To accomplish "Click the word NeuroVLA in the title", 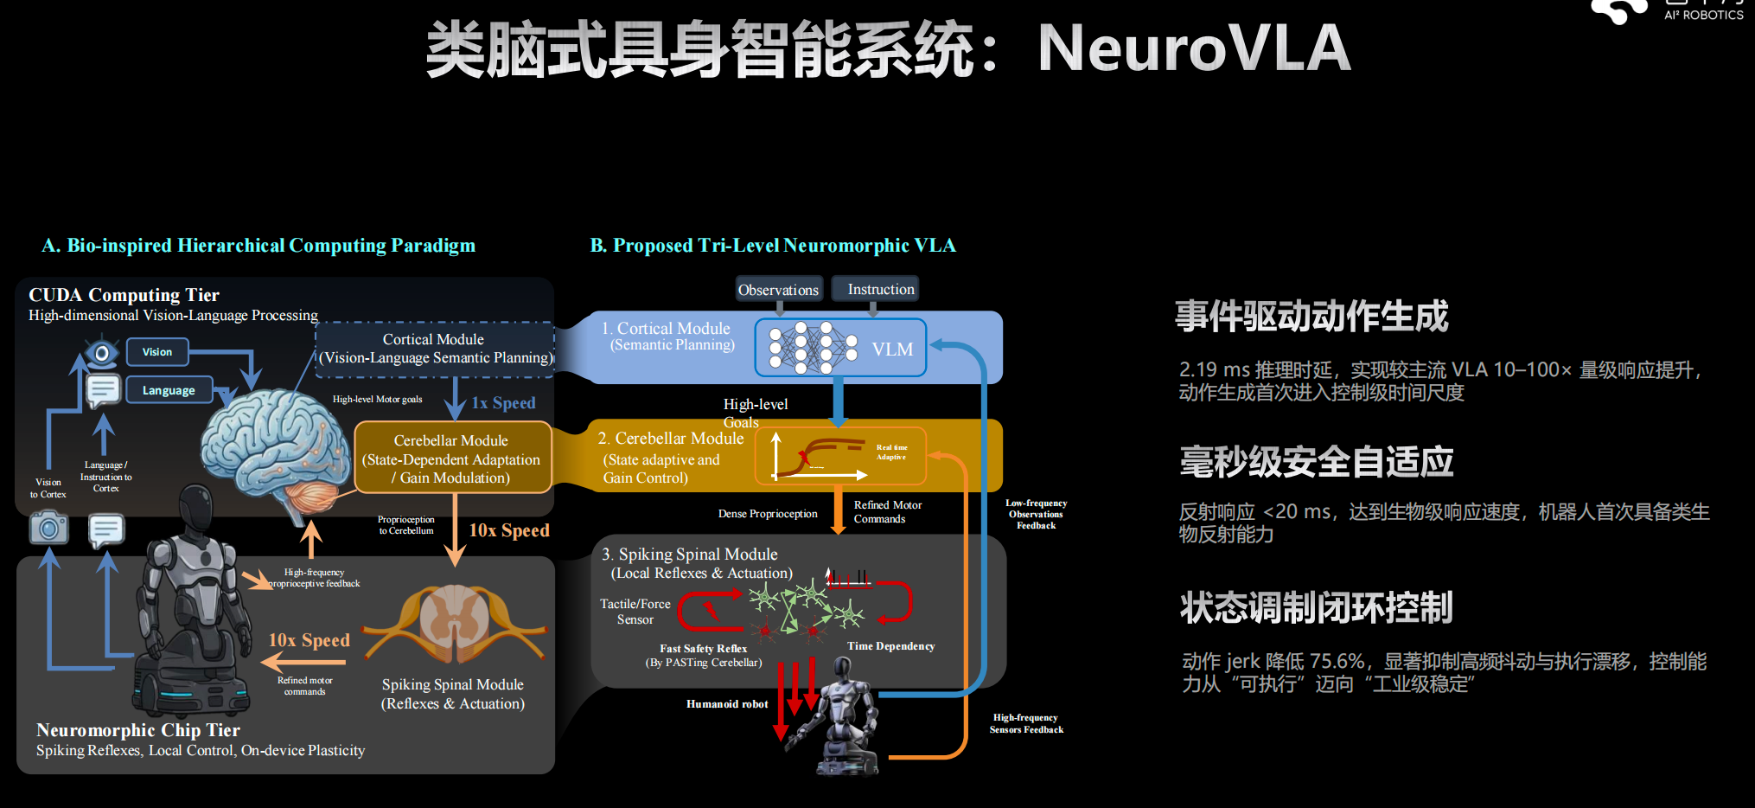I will pos(1194,48).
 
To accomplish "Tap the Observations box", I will pos(778,290).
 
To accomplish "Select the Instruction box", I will pos(880,289).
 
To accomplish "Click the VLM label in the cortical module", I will pos(892,349).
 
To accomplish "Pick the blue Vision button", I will pos(157,352).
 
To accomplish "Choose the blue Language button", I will pos(169,390).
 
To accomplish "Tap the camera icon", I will pos(48,527).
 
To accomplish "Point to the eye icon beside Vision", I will pos(101,353).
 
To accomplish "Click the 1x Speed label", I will pos(503,403).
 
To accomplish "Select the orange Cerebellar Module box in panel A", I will pos(452,459).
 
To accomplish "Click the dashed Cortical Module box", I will pos(434,349).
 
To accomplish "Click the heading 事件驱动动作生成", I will pos(1311,317).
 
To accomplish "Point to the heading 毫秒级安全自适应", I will pos(1316,462).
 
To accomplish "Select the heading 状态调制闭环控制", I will pos(1316,607).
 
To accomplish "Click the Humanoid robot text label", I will pos(727,704).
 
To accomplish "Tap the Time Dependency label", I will pos(890,646).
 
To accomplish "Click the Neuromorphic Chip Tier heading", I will pos(138,730).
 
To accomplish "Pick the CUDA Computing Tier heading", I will pos(124,295).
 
